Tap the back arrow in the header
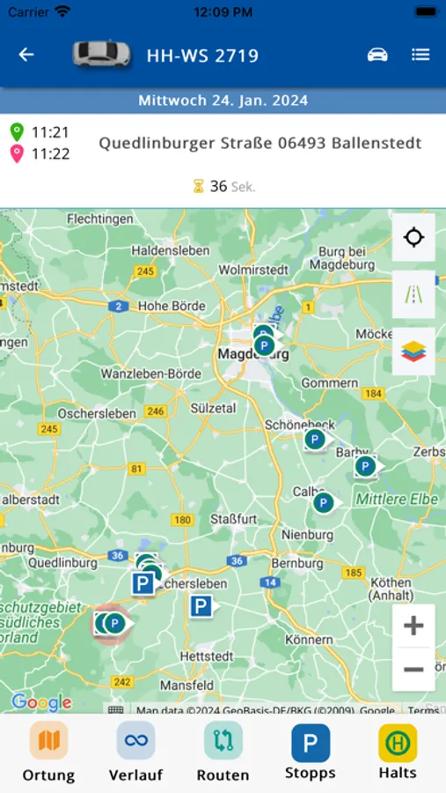coord(26,55)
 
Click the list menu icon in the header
coord(420,55)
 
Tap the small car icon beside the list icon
coord(377,55)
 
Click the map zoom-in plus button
coord(413,626)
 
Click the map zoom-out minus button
coord(413,670)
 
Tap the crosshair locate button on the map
coord(413,237)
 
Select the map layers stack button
coord(413,351)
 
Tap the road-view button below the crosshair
coord(413,294)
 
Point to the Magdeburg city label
coord(239,354)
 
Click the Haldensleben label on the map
coord(171,250)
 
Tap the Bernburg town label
coord(299,563)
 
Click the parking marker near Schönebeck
coord(314,439)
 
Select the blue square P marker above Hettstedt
coord(201,605)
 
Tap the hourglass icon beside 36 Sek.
coord(199,186)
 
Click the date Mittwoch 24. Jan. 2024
coord(223,100)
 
